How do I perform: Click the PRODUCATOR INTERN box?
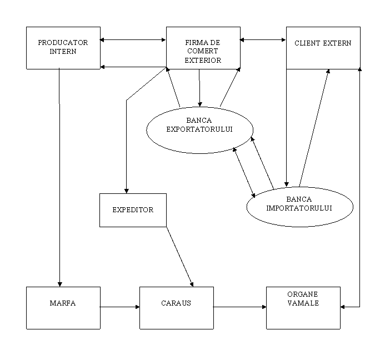[x=63, y=48]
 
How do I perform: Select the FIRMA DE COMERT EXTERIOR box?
[x=203, y=48]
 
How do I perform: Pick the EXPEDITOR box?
[x=133, y=210]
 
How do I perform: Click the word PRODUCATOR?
[x=63, y=43]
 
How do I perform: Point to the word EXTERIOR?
[x=203, y=60]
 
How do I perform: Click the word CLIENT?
[x=306, y=43]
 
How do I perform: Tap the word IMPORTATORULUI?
[x=299, y=208]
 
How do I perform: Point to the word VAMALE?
[x=303, y=303]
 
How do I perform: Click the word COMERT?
[x=203, y=51]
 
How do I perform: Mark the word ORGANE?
[x=303, y=294]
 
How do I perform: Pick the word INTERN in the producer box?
[x=63, y=51]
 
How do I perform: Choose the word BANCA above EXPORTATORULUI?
[x=199, y=120]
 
